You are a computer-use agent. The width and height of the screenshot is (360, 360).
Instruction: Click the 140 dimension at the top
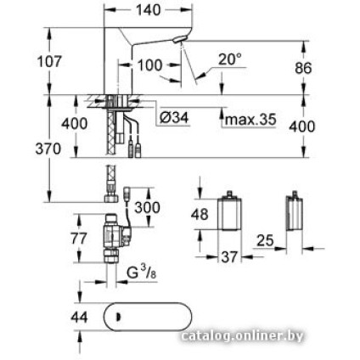pos(149,9)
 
